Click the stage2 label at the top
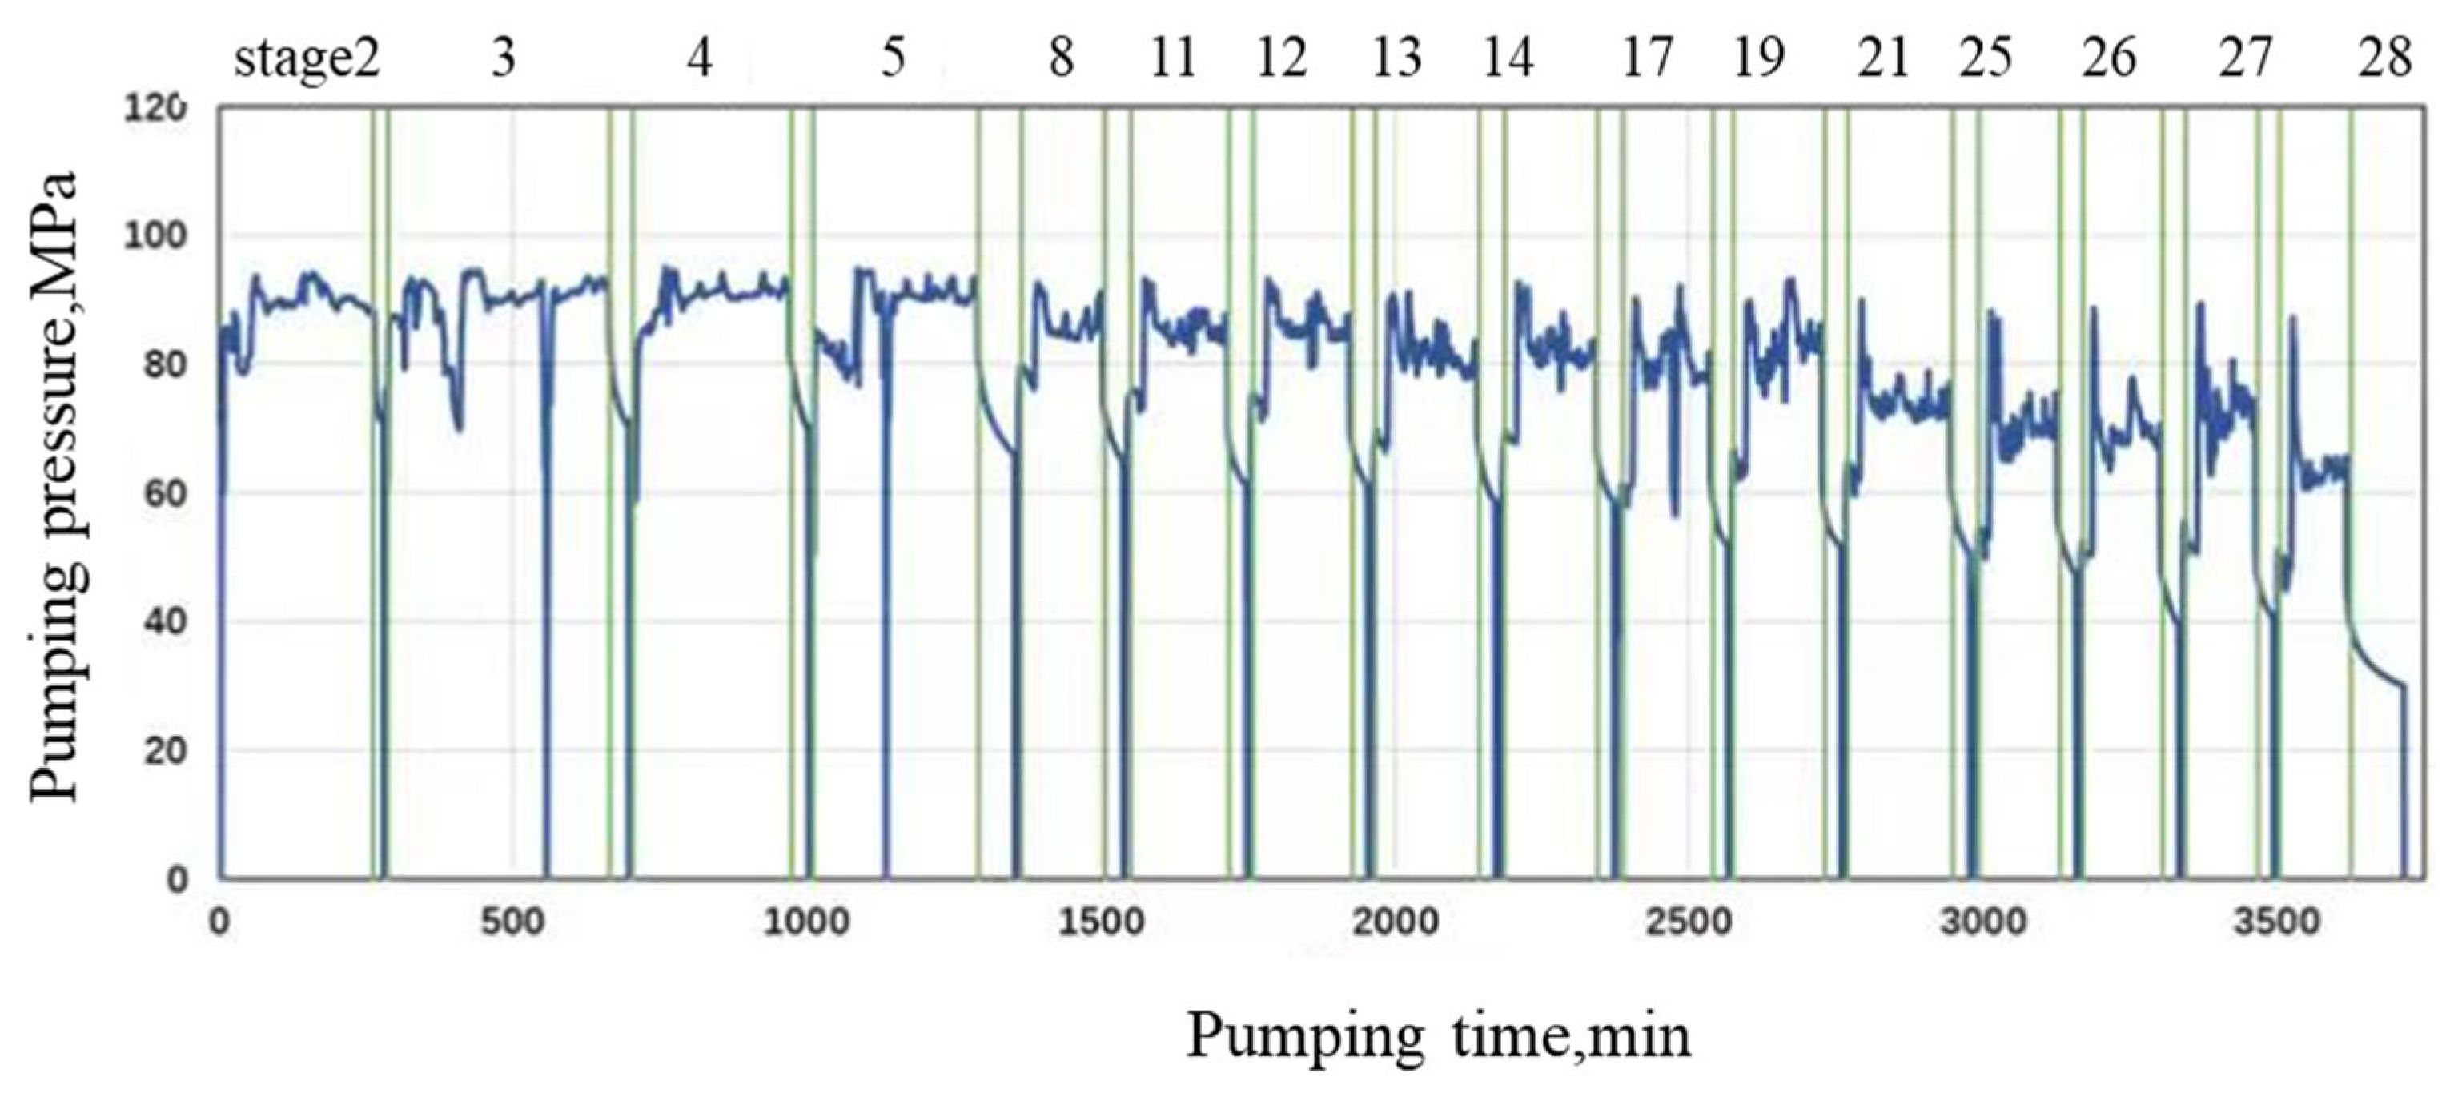tap(307, 60)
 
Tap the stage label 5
tap(893, 60)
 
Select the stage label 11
tap(1173, 60)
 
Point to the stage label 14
tap(1508, 60)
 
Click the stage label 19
tap(1758, 60)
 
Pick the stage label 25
tap(1986, 60)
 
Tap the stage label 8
tap(1061, 60)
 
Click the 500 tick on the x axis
tap(512, 922)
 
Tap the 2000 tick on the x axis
tap(1395, 922)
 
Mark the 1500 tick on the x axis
tap(1102, 922)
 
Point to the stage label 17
tap(1646, 60)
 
